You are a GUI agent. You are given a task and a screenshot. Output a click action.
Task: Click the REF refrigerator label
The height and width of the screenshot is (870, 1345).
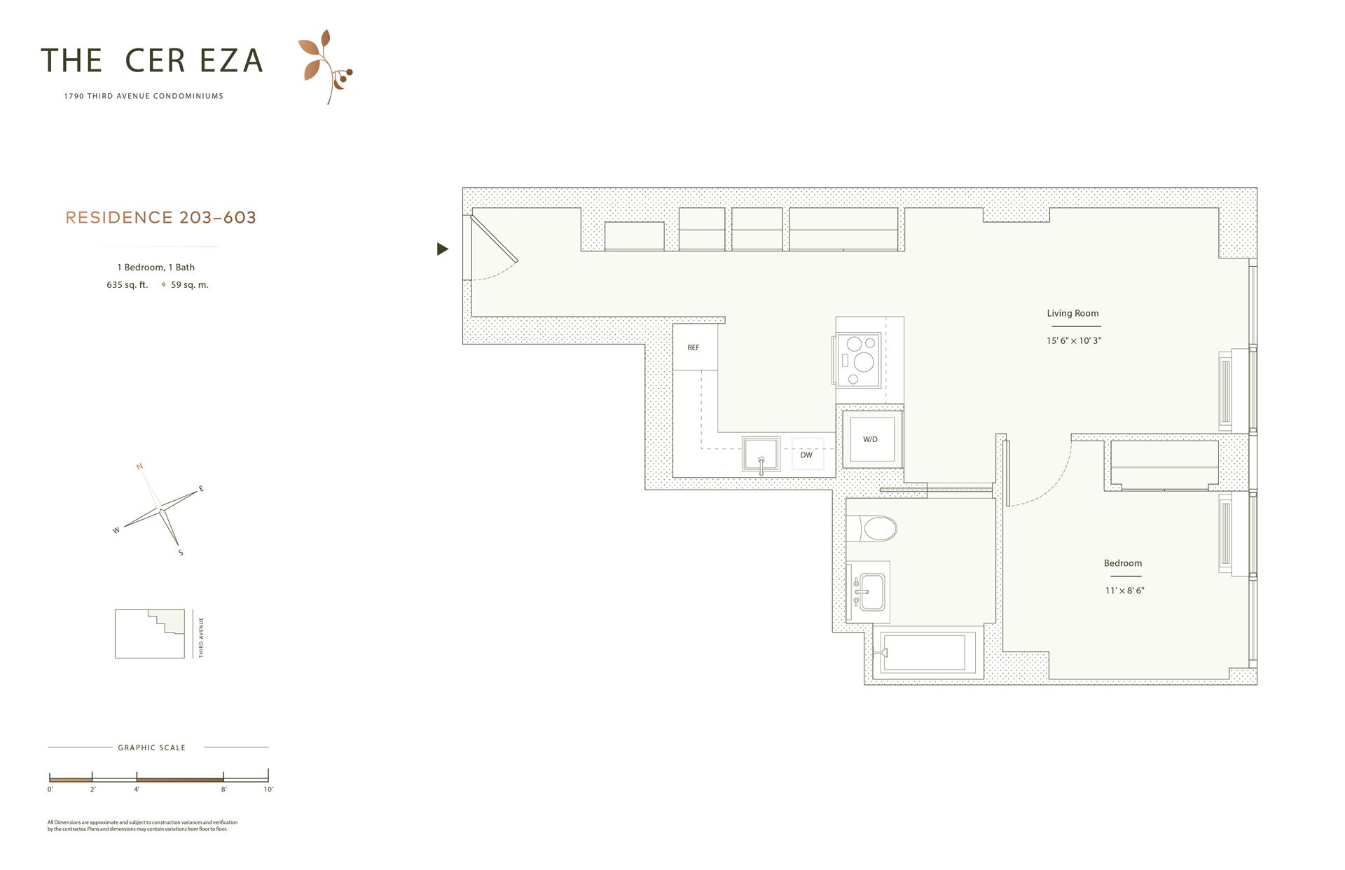tap(693, 347)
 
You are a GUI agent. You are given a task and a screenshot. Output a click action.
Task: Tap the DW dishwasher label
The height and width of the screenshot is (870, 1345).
tap(806, 455)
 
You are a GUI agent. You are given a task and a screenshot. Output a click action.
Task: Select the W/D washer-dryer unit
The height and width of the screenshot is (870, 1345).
tap(871, 439)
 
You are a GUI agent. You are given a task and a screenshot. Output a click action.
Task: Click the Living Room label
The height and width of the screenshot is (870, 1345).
tap(1072, 313)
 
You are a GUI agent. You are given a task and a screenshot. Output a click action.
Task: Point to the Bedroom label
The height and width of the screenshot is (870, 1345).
tap(1122, 563)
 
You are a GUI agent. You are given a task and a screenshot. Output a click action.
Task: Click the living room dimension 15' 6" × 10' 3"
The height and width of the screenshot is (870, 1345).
tap(1074, 340)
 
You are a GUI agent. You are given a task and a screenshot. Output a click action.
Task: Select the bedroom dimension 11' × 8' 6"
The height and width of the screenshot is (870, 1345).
tap(1124, 591)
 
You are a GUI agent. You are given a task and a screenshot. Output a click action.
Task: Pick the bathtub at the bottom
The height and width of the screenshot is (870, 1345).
tap(925, 652)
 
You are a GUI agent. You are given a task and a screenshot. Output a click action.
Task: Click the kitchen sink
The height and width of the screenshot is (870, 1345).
tap(761, 455)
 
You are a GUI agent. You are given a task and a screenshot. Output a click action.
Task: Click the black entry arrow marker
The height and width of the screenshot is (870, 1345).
tap(442, 249)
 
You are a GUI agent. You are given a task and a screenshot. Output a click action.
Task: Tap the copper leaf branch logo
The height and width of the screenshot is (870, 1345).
tap(325, 67)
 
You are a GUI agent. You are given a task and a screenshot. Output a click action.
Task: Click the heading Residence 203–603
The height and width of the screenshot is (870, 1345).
tap(161, 218)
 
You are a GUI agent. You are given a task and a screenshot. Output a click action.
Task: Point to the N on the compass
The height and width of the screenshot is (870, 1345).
tap(140, 467)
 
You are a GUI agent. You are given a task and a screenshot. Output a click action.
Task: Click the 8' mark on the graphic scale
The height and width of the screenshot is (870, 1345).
tap(223, 789)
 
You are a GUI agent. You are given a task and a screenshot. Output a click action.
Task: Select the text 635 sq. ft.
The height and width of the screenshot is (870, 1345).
tap(127, 285)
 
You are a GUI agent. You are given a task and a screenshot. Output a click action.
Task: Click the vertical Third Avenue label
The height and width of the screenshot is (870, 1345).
tap(201, 637)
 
